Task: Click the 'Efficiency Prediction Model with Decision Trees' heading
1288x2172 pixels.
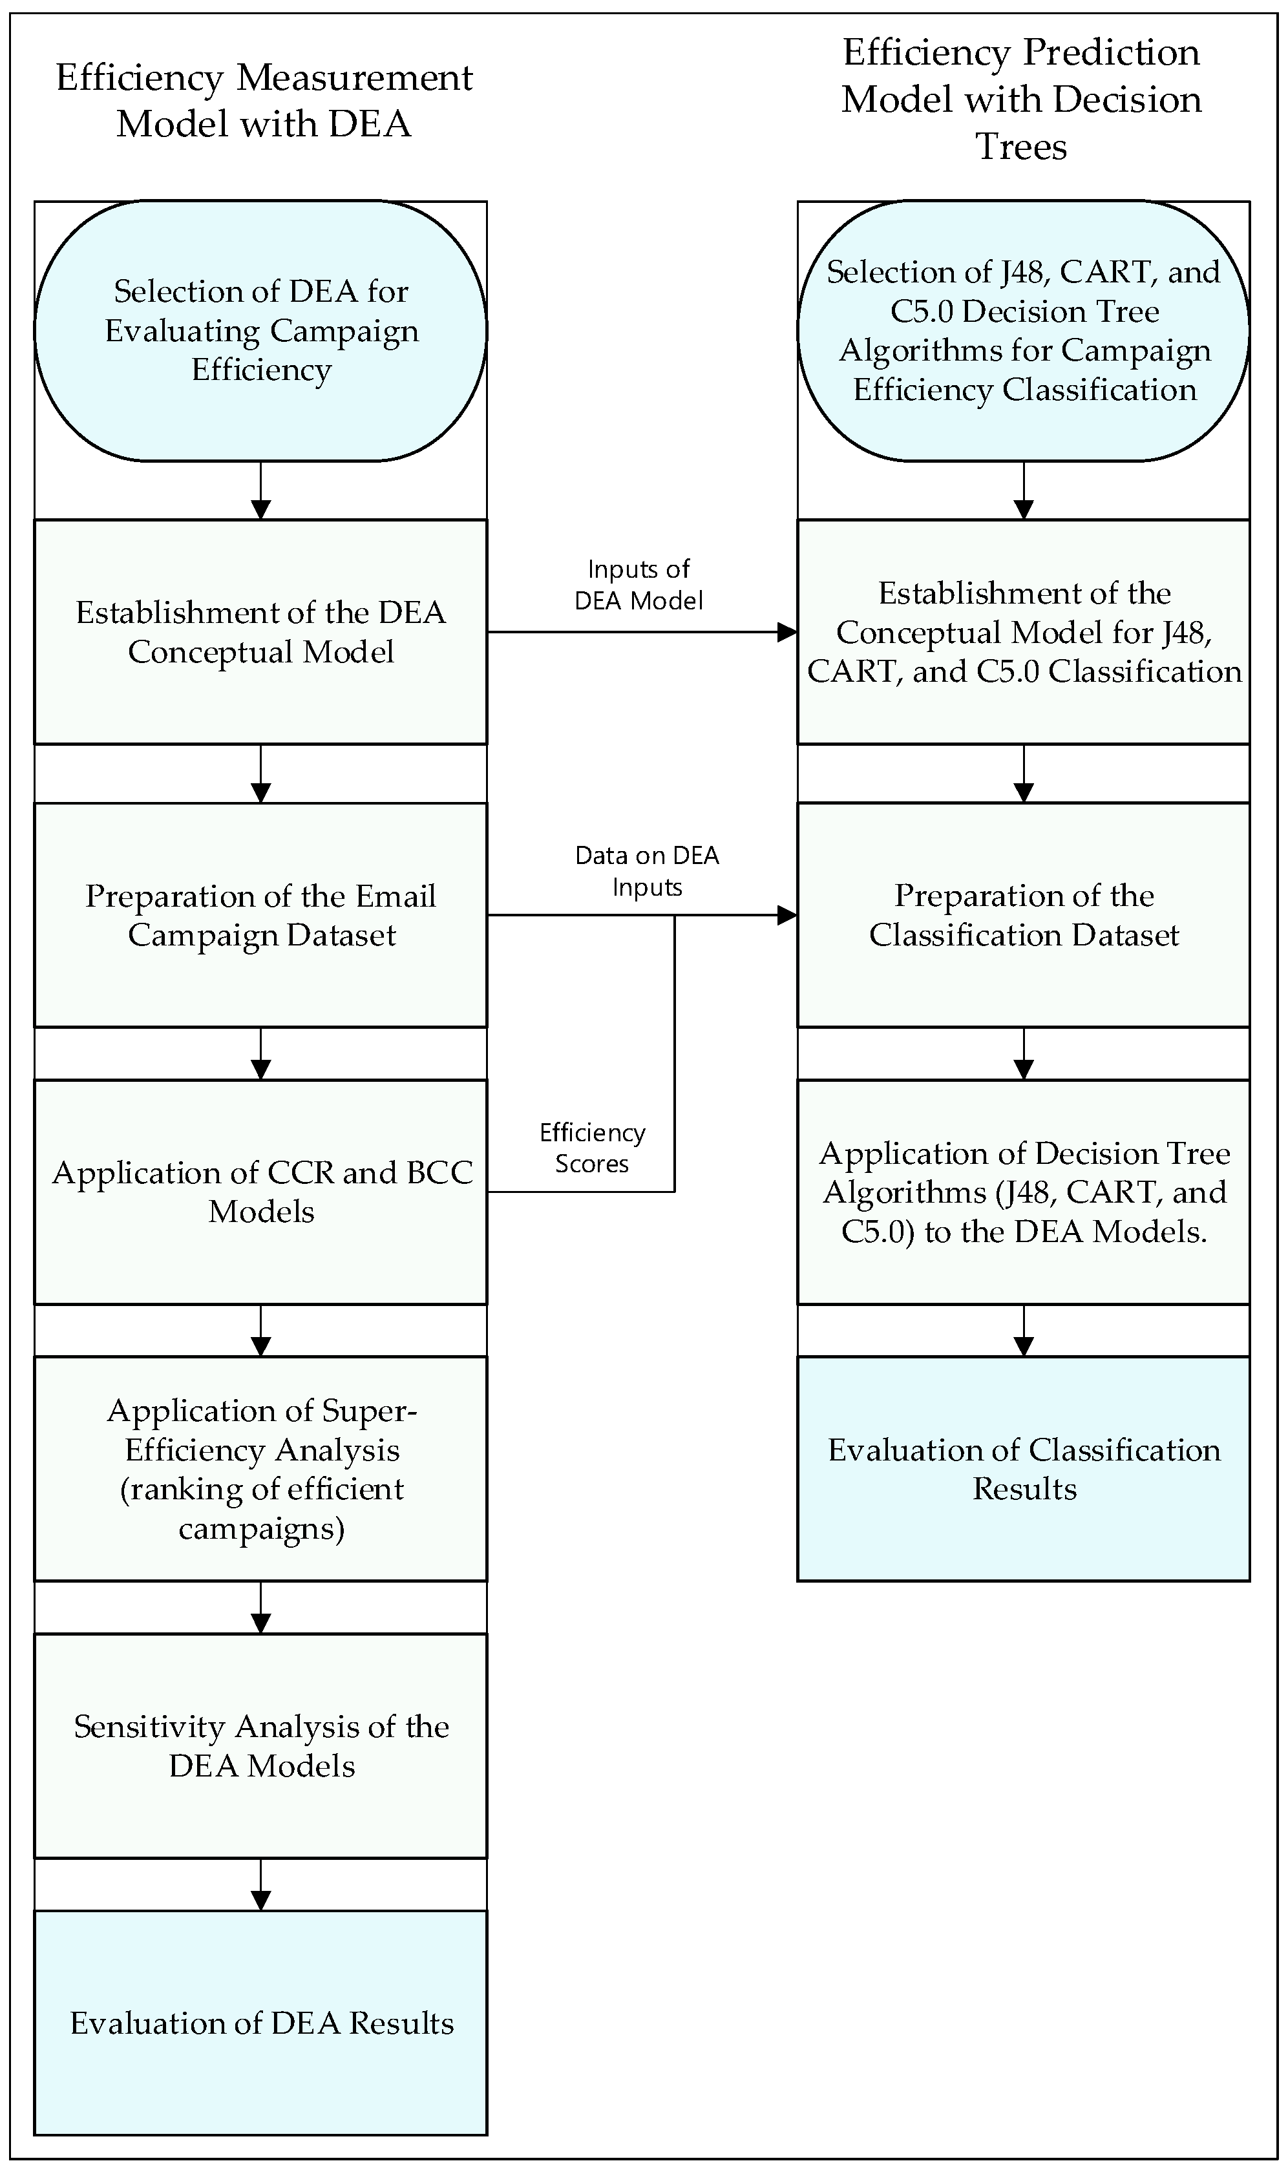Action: coord(1022,99)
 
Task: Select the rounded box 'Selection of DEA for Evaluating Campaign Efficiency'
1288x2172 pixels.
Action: coord(260,331)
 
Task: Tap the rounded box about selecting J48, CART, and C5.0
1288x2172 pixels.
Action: coord(1023,331)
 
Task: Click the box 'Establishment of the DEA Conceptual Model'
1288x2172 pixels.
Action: coord(260,632)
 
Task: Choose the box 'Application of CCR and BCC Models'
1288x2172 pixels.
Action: coord(260,1192)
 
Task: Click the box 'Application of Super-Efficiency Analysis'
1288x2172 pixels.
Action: coord(260,1468)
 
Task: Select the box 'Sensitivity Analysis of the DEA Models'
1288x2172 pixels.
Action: coord(260,1746)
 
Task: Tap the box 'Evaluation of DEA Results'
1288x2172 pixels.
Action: coord(260,2023)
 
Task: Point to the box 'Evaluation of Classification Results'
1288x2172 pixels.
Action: coord(1023,1468)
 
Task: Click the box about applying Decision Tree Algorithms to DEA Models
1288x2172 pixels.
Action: coord(1023,1192)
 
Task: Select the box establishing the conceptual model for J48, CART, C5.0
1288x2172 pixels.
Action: coord(1023,632)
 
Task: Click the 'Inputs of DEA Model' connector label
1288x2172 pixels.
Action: coord(639,585)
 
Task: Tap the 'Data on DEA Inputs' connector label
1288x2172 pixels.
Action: coord(647,871)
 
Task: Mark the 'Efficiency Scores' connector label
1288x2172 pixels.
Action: coord(592,1148)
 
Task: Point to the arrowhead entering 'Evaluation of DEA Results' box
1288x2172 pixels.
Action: coord(260,1901)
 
